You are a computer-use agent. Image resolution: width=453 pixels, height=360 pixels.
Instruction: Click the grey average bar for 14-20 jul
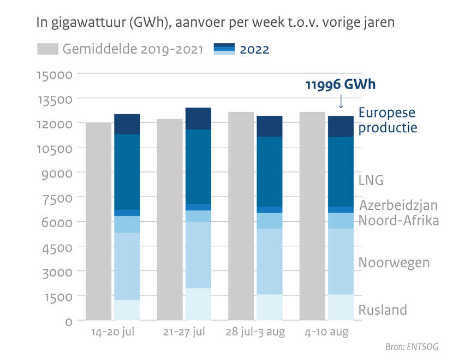(99, 221)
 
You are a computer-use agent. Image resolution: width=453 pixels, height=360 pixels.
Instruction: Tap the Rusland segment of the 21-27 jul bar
(198, 304)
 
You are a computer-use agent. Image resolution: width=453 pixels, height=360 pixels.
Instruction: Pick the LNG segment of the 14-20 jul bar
(127, 172)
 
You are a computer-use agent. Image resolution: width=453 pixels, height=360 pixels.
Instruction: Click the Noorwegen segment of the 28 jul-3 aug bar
(269, 261)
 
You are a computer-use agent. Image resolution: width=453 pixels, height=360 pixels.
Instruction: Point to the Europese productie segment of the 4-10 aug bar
(341, 126)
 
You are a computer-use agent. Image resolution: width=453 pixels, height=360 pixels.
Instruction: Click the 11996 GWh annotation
(341, 85)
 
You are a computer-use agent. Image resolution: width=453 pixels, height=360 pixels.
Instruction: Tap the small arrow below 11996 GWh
(341, 101)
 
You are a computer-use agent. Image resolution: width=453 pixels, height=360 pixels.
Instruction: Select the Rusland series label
(383, 310)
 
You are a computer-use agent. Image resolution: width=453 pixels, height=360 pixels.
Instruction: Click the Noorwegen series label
(394, 263)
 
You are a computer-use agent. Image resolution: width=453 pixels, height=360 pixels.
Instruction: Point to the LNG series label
(371, 180)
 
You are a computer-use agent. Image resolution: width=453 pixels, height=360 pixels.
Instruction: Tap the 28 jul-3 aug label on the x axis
(255, 333)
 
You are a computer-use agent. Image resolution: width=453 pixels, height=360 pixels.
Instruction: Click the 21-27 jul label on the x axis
(184, 333)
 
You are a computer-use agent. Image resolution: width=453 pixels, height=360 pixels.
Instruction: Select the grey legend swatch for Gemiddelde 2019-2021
(47, 50)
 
